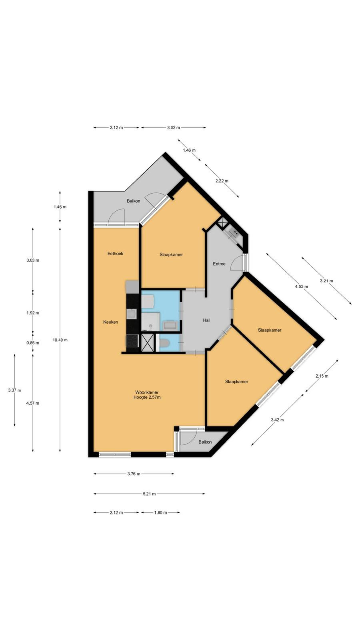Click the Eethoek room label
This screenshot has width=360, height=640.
[x=116, y=254]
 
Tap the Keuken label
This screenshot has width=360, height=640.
[x=110, y=322]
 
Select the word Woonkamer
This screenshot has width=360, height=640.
[x=147, y=392]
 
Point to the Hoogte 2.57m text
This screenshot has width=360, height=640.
[x=147, y=397]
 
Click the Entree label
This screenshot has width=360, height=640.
[x=219, y=264]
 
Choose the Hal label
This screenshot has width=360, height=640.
[x=206, y=320]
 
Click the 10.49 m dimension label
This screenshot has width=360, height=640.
[x=60, y=340]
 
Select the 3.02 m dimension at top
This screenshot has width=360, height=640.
[x=174, y=128]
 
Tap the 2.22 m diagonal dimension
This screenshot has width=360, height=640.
[x=222, y=181]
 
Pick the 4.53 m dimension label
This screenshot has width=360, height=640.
[x=302, y=286]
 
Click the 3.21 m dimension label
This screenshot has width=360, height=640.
[x=326, y=281]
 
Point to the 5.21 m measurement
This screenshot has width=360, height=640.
[x=150, y=494]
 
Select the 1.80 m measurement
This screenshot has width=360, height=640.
[x=160, y=512]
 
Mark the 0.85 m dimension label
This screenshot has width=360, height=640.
[x=33, y=343]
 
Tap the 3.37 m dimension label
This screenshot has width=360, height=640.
[x=14, y=390]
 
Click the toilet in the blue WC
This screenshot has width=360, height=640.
[x=165, y=343]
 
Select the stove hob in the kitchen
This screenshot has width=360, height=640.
[x=132, y=340]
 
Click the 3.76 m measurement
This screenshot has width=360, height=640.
[x=134, y=474]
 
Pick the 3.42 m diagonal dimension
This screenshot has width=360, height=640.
[x=278, y=420]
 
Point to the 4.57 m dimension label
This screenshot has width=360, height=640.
[x=33, y=403]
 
